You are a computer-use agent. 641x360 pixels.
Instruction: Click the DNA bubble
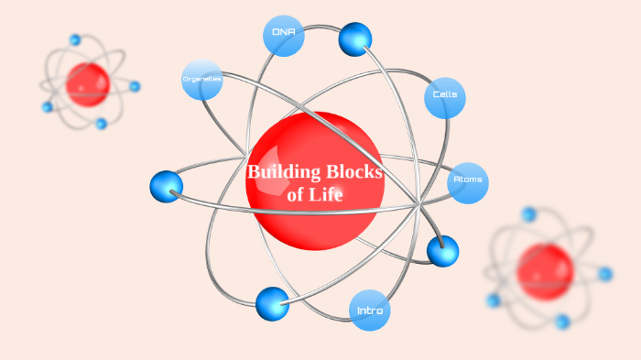click(282, 35)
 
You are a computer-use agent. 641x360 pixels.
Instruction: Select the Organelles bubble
click(202, 80)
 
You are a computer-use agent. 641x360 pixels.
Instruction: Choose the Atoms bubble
click(468, 180)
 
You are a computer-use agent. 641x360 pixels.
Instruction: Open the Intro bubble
click(370, 311)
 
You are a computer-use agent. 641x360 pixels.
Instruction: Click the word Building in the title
click(284, 171)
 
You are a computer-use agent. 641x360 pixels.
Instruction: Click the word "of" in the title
click(296, 194)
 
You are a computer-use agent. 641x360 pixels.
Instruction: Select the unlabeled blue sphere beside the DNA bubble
click(354, 38)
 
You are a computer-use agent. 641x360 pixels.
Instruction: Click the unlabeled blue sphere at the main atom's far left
click(166, 186)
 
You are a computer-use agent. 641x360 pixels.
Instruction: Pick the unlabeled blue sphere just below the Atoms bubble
click(442, 250)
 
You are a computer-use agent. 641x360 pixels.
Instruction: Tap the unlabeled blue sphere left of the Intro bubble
click(272, 303)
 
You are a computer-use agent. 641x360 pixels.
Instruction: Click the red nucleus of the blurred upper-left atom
click(88, 84)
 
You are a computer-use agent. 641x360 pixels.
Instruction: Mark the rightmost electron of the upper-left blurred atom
click(135, 86)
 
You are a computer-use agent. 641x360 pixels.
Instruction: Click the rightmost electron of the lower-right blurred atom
click(605, 274)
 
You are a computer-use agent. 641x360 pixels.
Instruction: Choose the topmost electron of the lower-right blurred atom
click(528, 214)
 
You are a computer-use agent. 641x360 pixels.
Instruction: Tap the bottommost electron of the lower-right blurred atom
click(562, 322)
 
